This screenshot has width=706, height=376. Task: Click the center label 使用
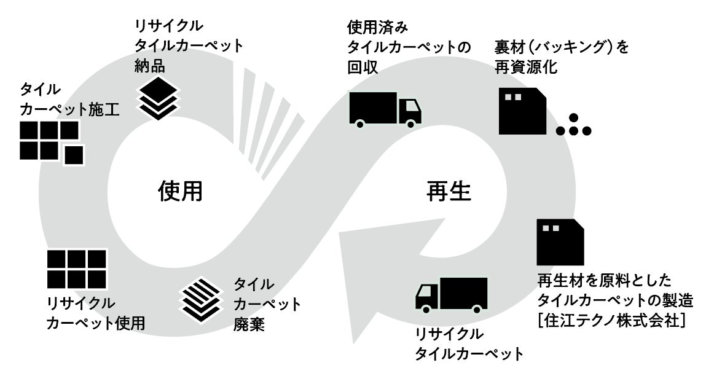pyautogui.click(x=179, y=192)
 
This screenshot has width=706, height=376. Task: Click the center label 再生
pyautogui.click(x=449, y=192)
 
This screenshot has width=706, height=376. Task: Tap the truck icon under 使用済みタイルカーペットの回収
pyautogui.click(x=385, y=109)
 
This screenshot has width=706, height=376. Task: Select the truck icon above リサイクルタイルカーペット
pyautogui.click(x=452, y=294)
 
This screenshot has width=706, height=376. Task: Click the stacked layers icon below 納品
pyautogui.click(x=159, y=97)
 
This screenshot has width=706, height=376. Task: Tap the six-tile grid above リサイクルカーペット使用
pyautogui.click(x=77, y=268)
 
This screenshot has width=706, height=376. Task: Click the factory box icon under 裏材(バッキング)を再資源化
pyautogui.click(x=522, y=111)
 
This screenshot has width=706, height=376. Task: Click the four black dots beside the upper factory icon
pyautogui.click(x=573, y=126)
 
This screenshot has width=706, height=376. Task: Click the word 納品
pyautogui.click(x=151, y=65)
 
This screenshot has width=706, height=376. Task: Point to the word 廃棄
pyautogui.click(x=249, y=324)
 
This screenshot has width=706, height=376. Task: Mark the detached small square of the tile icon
pyautogui.click(x=74, y=155)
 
